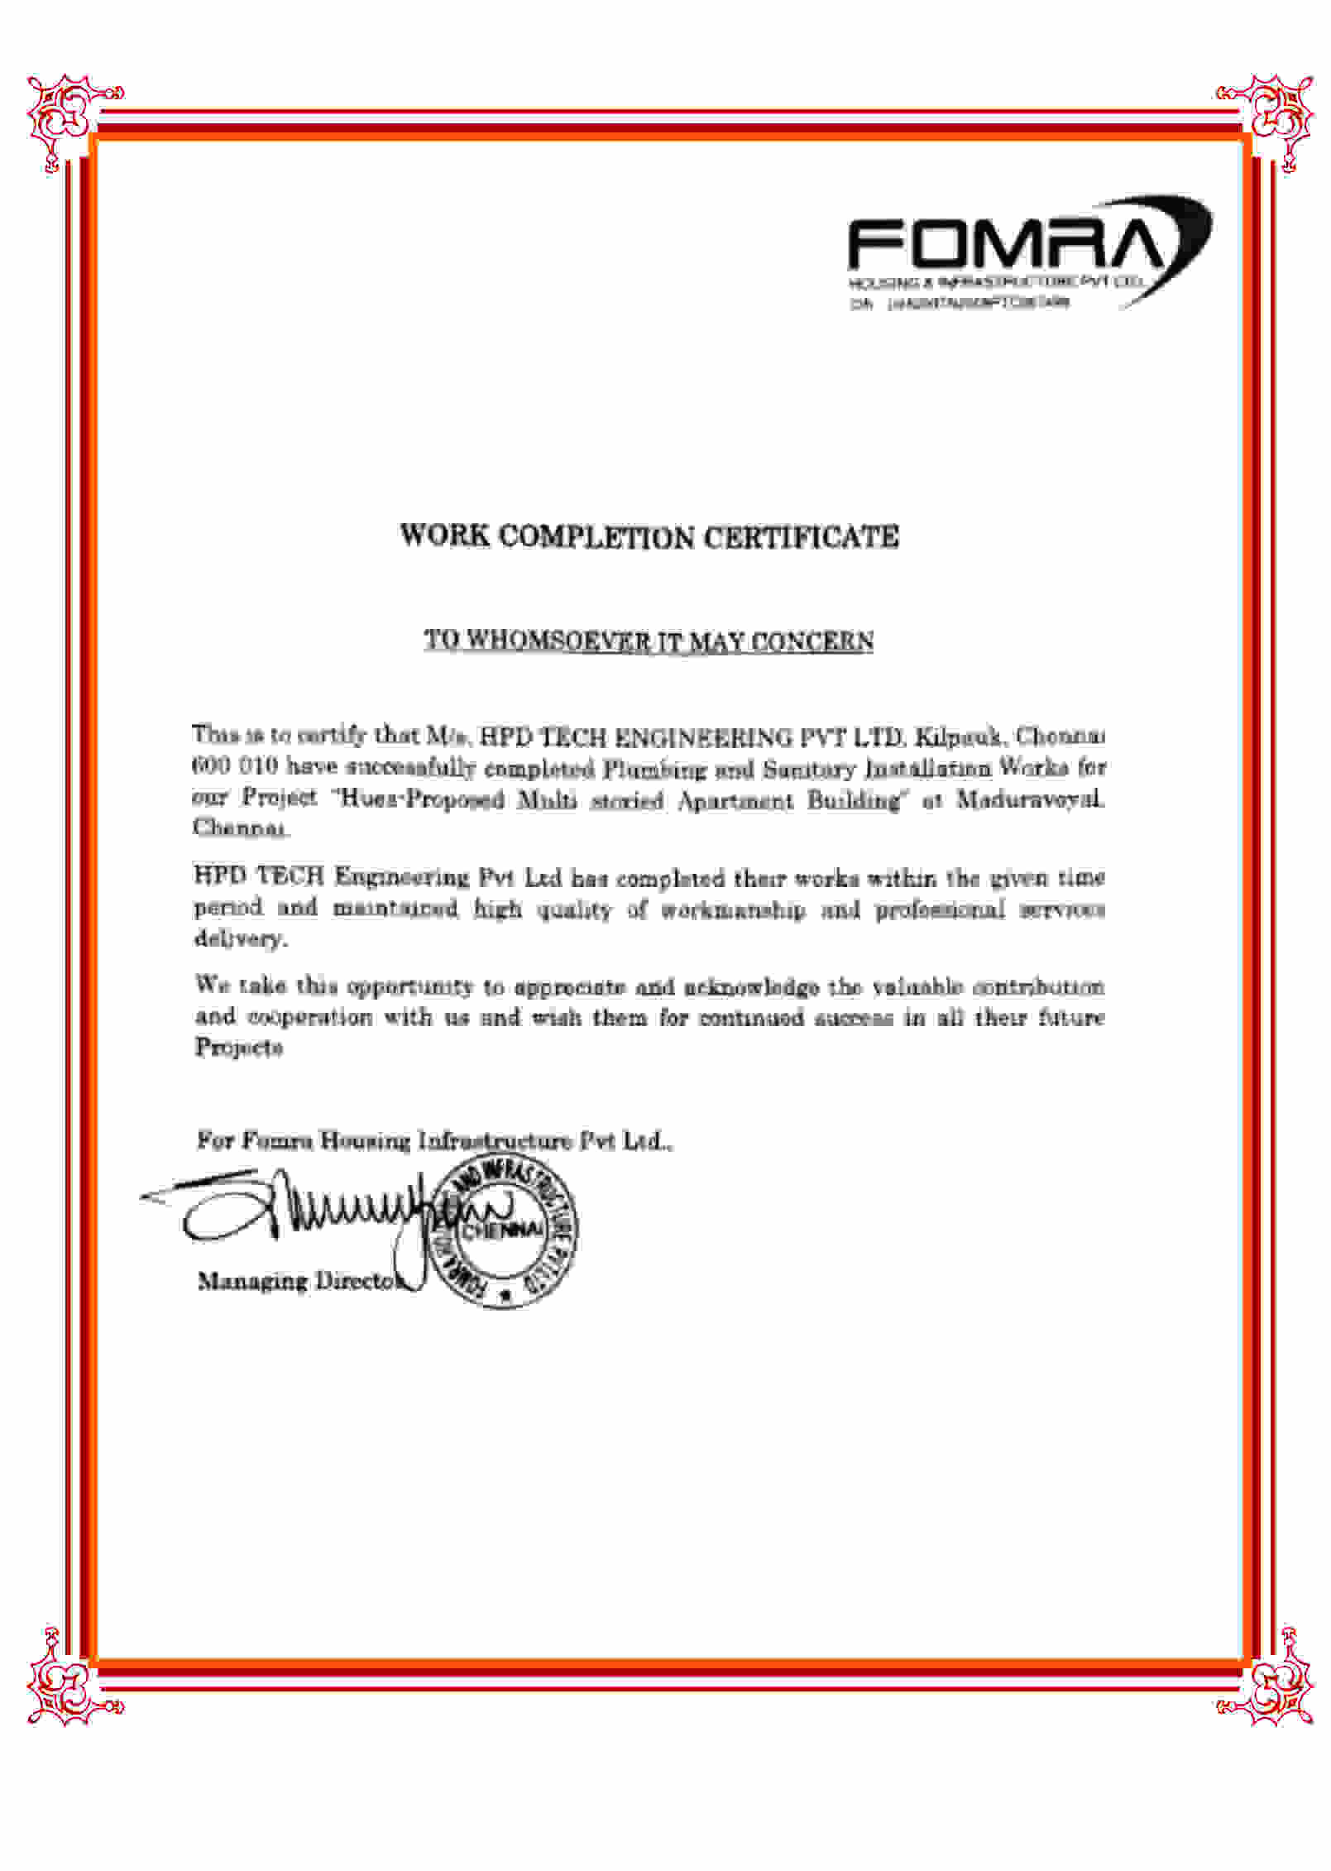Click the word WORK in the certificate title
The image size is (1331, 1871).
[444, 535]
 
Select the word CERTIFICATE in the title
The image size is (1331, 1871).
[801, 537]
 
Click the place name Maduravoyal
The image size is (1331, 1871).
[1030, 799]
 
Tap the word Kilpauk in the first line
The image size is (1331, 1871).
[957, 736]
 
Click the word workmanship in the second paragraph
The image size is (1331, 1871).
[732, 909]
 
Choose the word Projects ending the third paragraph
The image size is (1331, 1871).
[239, 1048]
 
